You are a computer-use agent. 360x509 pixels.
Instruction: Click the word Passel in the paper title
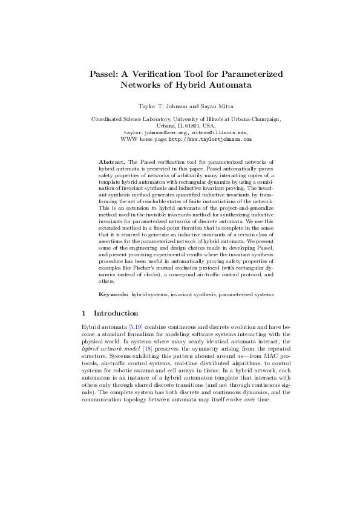pyautogui.click(x=104, y=74)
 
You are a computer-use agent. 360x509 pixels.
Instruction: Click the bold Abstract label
pyautogui.click(x=111, y=163)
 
